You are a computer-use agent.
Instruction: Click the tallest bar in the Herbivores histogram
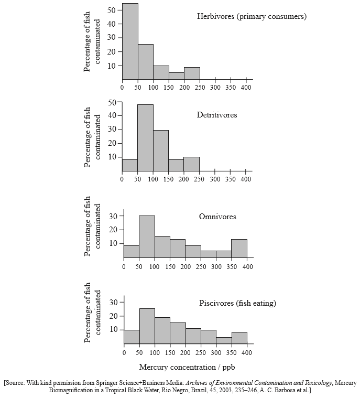130,41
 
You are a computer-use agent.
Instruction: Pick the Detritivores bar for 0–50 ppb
130,165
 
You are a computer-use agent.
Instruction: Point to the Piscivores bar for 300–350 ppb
224,340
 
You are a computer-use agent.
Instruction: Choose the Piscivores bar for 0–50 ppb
132,337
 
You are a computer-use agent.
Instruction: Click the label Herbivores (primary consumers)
252,17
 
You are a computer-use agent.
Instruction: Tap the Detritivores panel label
217,115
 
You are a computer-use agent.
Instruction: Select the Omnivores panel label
217,217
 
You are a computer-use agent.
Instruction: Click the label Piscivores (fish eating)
237,303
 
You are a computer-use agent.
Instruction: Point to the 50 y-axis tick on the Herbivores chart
112,10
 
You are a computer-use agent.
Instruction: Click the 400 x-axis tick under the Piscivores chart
247,353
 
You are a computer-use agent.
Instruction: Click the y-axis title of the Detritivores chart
91,137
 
